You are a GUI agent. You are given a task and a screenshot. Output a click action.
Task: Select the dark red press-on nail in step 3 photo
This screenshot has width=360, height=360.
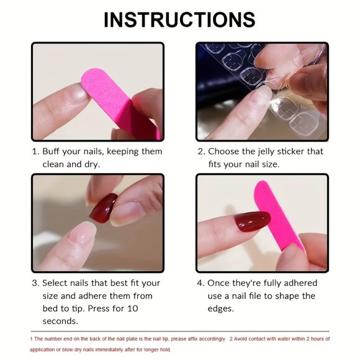tap(104, 209)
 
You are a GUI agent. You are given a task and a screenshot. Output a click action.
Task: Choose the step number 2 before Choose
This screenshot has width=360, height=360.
tap(200, 151)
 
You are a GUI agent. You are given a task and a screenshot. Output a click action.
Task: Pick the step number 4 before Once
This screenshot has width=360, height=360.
tap(200, 282)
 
